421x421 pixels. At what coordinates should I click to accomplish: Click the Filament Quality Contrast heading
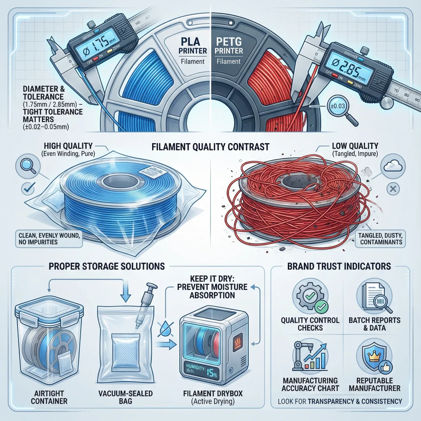pos(210,146)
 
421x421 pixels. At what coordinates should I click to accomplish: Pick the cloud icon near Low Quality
pos(391,166)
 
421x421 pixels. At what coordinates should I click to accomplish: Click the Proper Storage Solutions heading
pos(106,266)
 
